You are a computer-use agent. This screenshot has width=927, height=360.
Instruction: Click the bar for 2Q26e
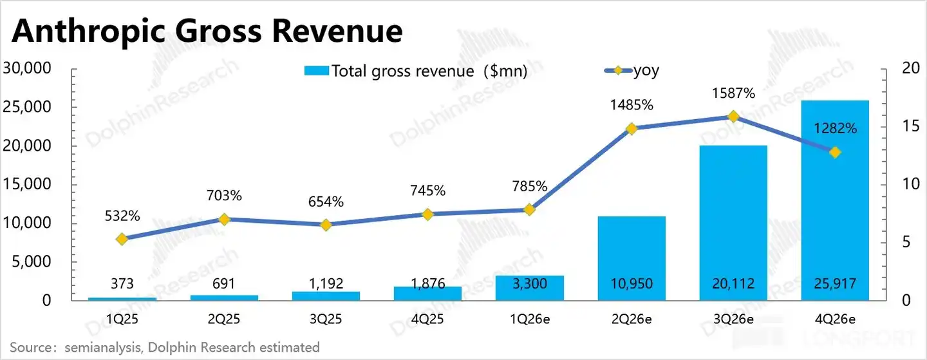(x=632, y=258)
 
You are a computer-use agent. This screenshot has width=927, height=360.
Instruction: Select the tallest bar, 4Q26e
(x=835, y=200)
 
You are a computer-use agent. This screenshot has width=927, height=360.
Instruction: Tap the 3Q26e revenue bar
(x=733, y=223)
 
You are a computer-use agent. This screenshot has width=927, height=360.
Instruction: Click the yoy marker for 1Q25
(x=122, y=239)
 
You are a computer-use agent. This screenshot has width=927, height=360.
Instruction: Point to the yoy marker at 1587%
(x=733, y=117)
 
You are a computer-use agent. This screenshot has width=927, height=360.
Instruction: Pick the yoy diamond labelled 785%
(x=529, y=210)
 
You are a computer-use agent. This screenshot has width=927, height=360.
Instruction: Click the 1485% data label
(x=632, y=105)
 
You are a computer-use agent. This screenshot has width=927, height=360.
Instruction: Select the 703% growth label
(x=224, y=195)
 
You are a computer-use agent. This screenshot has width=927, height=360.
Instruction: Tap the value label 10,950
(x=632, y=283)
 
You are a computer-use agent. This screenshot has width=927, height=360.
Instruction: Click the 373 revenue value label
(x=122, y=283)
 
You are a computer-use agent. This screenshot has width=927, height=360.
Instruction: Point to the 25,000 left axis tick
(x=27, y=107)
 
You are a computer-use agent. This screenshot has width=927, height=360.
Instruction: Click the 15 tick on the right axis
(x=910, y=126)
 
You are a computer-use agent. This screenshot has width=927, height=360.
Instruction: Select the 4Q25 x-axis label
(x=427, y=319)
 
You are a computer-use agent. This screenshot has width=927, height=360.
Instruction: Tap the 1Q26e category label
(x=529, y=319)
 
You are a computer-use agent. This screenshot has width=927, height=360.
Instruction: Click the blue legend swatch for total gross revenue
(x=317, y=71)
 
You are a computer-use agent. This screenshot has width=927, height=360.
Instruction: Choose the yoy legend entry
(x=632, y=71)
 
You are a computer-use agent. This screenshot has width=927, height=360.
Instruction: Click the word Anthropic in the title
(x=89, y=32)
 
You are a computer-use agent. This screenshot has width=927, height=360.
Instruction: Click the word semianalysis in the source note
(x=102, y=347)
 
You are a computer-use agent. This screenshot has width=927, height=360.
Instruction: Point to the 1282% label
(x=835, y=128)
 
